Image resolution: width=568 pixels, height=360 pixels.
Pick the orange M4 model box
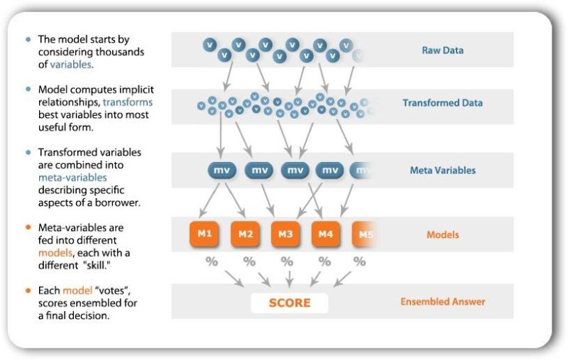click(326, 234)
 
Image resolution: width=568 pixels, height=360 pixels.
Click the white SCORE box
click(289, 302)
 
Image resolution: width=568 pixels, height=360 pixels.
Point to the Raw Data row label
click(442, 50)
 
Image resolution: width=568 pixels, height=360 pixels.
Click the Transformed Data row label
click(442, 103)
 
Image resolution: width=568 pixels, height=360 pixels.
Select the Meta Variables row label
click(442, 170)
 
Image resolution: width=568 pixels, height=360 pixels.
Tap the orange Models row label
click(442, 234)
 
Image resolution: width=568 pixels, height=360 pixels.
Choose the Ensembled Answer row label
click(442, 302)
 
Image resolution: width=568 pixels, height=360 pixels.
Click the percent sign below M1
click(211, 261)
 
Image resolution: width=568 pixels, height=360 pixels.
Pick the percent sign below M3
click(286, 261)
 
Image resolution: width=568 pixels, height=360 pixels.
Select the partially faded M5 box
click(364, 234)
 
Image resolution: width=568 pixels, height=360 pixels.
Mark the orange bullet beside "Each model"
click(28, 291)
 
